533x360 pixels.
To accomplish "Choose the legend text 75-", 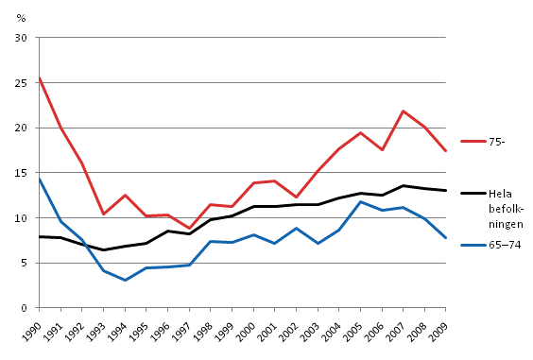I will [497, 141].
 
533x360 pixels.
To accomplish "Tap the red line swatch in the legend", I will [473, 141].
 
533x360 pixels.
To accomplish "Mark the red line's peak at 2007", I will [403, 111].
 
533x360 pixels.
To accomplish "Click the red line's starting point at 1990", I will [39, 77].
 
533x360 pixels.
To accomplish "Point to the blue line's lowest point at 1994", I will [125, 280].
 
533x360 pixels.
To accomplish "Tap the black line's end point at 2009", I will [446, 190].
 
